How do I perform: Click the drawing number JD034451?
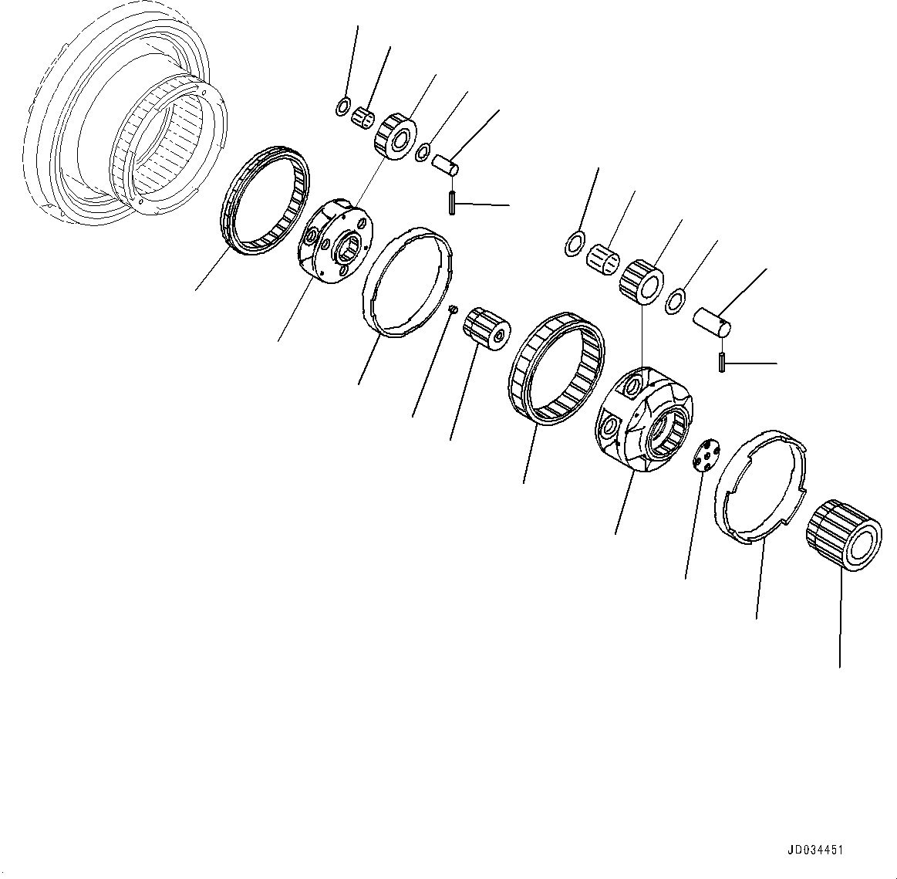tap(814, 850)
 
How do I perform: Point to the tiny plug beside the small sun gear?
tap(454, 309)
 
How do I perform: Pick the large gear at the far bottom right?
tap(844, 534)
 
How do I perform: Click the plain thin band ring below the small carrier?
tap(409, 282)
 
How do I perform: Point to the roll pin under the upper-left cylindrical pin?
tap(450, 202)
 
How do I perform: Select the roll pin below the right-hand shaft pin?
tap(721, 360)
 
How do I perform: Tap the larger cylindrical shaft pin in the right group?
tap(711, 320)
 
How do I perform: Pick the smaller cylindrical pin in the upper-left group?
tap(444, 164)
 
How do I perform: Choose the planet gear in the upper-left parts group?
tap(395, 137)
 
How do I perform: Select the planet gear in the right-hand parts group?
tap(642, 279)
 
